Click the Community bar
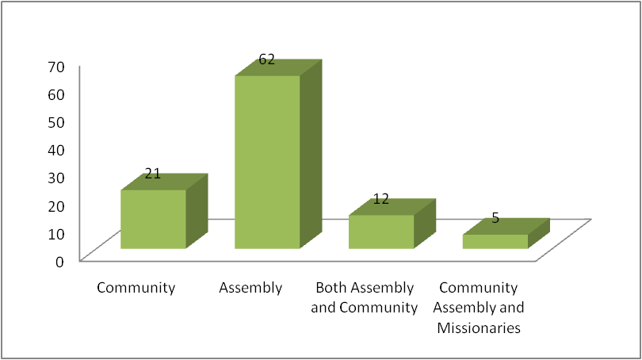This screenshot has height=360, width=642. pos(153,219)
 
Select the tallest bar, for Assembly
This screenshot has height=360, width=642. pos(266,163)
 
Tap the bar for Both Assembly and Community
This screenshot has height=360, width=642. pos(380,232)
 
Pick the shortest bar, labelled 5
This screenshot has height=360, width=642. pos(495,241)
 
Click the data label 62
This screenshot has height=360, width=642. pos(266,59)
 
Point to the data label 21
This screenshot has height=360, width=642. pos(153,173)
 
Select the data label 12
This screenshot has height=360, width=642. pos(381,198)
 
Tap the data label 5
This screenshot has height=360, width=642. pos(495,217)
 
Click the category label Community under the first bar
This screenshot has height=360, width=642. pos(136,287)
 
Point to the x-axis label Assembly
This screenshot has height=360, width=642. pos(250,287)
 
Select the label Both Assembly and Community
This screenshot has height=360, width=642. pos(365,297)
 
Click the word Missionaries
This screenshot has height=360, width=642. pos(479,327)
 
